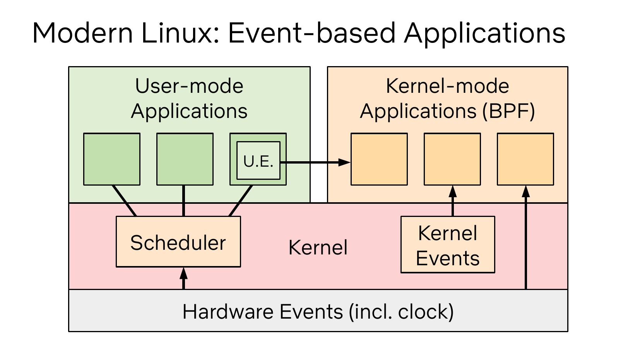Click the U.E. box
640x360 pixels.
(258, 160)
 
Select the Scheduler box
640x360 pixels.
(178, 242)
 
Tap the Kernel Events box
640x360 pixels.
(448, 244)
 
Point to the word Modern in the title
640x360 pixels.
(82, 33)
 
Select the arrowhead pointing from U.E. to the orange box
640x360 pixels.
(344, 162)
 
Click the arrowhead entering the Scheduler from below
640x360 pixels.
(183, 273)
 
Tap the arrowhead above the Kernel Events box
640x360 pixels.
(453, 191)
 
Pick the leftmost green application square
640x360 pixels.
(112, 159)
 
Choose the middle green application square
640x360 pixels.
(185, 159)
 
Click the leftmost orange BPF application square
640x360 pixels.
(379, 159)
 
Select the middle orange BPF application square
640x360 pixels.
(452, 159)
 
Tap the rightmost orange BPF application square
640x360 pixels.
(525, 159)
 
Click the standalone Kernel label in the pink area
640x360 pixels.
(318, 247)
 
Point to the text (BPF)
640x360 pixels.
(508, 111)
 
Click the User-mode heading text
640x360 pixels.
(189, 86)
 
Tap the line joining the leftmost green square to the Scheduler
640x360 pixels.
(124, 201)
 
